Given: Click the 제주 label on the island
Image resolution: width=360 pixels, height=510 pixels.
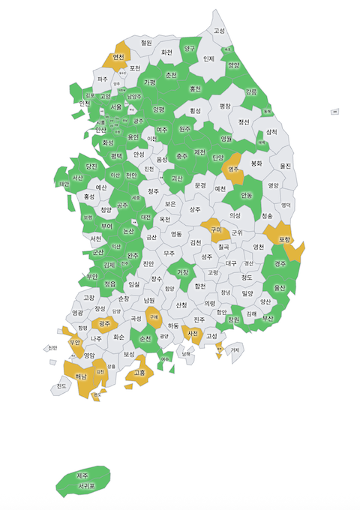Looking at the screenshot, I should [x=82, y=475].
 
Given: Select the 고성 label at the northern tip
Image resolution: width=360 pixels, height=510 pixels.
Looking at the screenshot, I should [x=219, y=31].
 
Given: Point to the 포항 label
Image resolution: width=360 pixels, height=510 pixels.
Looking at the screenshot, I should [x=284, y=239].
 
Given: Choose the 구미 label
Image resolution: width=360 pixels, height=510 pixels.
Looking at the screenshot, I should [x=217, y=229].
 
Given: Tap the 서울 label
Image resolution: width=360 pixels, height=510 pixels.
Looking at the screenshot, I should [x=115, y=106].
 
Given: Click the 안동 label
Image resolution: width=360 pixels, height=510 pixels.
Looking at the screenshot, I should [x=247, y=195].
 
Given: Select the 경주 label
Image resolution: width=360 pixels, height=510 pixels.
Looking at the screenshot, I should [x=280, y=263].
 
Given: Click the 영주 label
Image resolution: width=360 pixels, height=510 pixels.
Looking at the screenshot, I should [x=234, y=169].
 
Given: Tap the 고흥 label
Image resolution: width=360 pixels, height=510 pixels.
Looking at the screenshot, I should [x=139, y=372].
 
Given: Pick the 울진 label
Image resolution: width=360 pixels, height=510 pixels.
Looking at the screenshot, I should [x=285, y=165].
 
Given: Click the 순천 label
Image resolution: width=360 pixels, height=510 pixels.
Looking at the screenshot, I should [x=145, y=338].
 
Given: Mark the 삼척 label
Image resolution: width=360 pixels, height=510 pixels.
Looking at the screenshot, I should [x=271, y=131].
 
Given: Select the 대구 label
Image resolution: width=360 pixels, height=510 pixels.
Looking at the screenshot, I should [x=230, y=263].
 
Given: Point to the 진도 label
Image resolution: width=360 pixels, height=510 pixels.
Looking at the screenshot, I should [x=61, y=386].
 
